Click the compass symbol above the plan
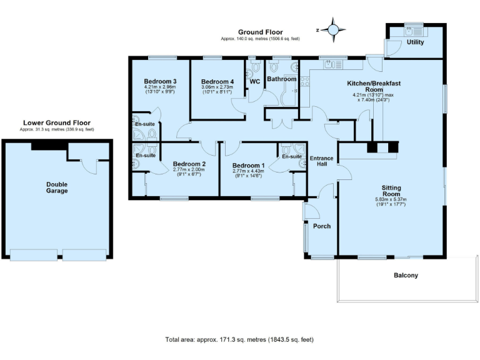[x=333, y=29]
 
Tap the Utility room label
[x=415, y=42]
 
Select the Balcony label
[x=406, y=275]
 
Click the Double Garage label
[x=57, y=187]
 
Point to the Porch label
[x=321, y=226]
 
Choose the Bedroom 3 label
[x=160, y=81]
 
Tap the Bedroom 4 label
[x=217, y=81]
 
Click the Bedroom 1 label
[x=248, y=164]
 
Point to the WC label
[x=254, y=81]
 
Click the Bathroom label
[x=281, y=79]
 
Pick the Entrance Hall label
[x=322, y=161]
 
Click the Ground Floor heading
[x=260, y=32]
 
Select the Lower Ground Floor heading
[x=56, y=123]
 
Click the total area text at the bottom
[x=239, y=340]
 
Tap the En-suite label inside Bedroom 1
[x=291, y=156]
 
